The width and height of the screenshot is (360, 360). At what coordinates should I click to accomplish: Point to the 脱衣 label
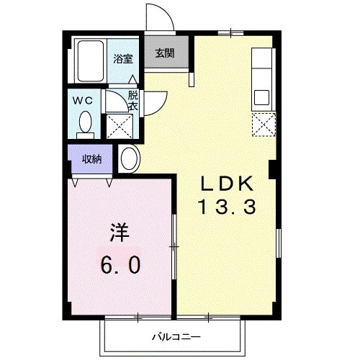(133, 100)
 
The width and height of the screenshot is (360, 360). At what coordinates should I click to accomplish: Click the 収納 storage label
(91, 158)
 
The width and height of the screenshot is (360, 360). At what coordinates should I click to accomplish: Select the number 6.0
(120, 264)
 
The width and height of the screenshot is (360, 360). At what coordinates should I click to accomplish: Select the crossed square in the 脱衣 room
(119, 125)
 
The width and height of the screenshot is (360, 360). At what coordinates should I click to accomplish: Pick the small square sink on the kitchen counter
(261, 96)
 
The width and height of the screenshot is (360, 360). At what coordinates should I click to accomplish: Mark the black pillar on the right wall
(274, 168)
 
